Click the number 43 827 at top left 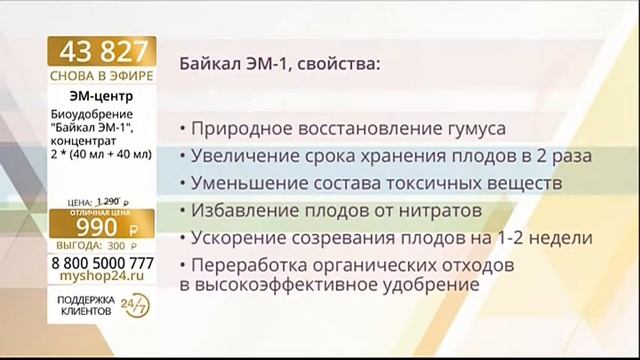pos(103,52)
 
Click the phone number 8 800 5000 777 pos(103,262)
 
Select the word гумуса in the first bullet pos(473,130)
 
